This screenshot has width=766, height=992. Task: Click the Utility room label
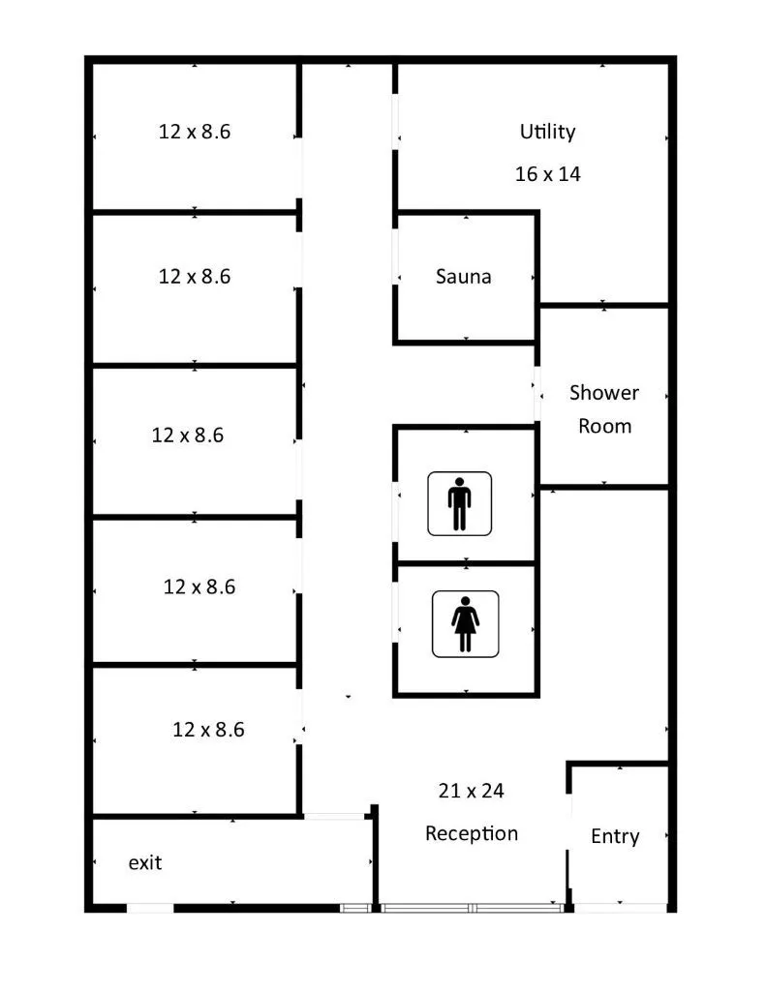click(x=547, y=132)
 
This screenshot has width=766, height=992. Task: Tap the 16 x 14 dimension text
click(x=547, y=174)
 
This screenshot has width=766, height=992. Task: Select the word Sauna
click(x=463, y=277)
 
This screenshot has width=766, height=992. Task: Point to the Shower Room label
click(x=604, y=408)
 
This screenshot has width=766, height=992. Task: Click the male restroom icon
click(x=459, y=502)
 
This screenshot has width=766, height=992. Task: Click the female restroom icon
click(x=465, y=624)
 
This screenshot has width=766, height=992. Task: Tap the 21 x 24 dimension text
click(x=471, y=791)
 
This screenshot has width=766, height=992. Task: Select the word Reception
click(x=472, y=833)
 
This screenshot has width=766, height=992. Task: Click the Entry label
click(x=615, y=836)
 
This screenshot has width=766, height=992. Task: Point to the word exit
click(x=145, y=862)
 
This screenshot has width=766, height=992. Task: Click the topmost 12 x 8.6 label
click(x=195, y=132)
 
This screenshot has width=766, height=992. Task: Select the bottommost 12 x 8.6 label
click(x=208, y=730)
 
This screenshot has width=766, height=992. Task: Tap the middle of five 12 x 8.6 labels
click(x=188, y=436)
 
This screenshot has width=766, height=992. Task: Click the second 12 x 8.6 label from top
click(x=195, y=277)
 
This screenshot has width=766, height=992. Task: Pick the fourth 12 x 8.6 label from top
click(x=199, y=586)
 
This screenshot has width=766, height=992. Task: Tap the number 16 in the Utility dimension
click(x=526, y=174)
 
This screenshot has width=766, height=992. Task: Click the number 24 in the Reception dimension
click(x=492, y=791)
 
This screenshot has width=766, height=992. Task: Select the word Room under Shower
click(x=604, y=426)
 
